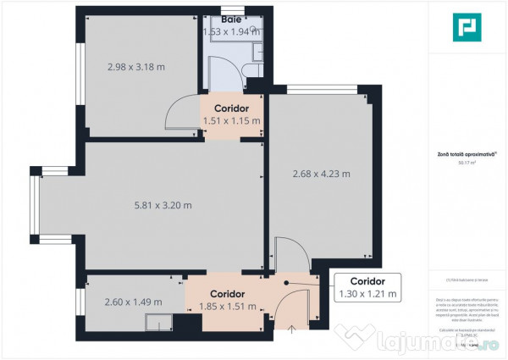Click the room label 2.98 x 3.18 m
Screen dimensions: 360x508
point(135,67)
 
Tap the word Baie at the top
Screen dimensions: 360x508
point(230,19)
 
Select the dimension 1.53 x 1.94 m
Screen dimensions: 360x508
point(230,32)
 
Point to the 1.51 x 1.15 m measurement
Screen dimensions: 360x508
point(231,121)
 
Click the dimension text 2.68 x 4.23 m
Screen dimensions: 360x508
point(321,174)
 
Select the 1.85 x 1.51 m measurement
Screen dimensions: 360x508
point(227,307)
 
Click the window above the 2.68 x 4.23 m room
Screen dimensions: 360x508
point(314,88)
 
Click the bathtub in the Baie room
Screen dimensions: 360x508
point(232,28)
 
